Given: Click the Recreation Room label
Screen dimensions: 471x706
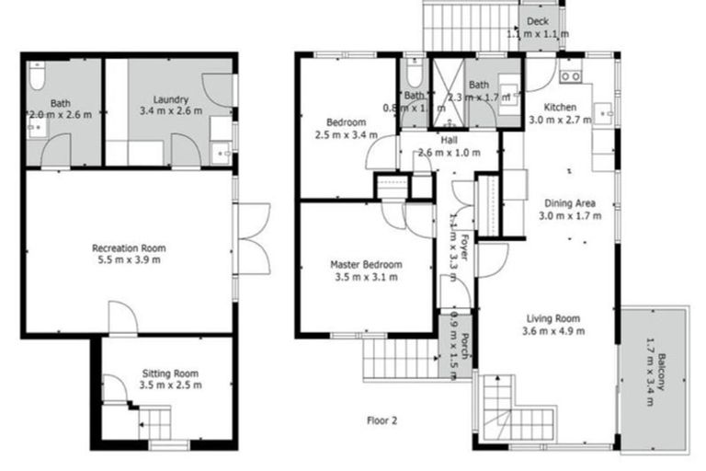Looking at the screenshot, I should coord(129,247).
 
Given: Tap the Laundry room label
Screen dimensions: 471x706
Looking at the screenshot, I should coord(171,98).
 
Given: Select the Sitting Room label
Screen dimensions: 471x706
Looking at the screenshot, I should coord(171,373).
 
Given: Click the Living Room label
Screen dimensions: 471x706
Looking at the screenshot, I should coord(553,319).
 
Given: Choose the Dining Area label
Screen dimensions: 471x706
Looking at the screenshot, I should coord(570,203).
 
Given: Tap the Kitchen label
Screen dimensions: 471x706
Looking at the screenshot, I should coord(561,107).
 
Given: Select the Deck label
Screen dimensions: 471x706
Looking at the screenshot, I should coord(538,20).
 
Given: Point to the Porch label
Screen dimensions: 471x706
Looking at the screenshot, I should coord(467,343).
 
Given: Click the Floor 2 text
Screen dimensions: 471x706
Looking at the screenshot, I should coord(381,421).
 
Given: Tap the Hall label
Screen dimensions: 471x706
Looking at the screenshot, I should coord(449,140).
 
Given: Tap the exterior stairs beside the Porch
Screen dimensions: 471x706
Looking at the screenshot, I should coord(399,358).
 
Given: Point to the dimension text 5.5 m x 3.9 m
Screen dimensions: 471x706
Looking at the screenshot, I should coord(129,260).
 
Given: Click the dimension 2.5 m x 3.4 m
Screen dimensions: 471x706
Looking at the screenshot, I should coord(346,135).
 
